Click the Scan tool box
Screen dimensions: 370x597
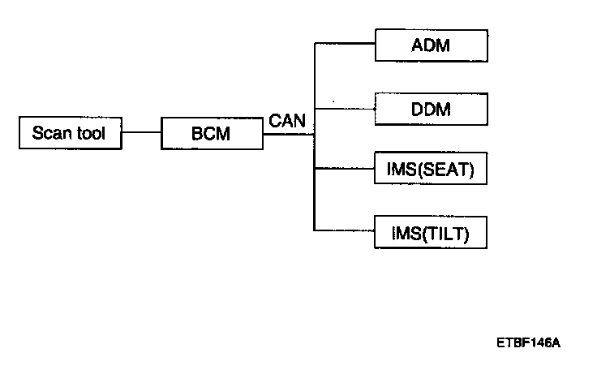[x=69, y=133]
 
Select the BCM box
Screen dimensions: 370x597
[x=211, y=133]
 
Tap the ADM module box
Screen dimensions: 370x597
[x=431, y=45]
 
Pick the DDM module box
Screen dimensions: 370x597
[x=431, y=108]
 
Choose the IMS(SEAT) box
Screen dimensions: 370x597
[x=431, y=170]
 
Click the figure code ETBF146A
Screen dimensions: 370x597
[x=528, y=342]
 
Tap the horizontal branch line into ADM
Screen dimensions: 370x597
[x=344, y=44]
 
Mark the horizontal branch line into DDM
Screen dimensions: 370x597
[x=344, y=106]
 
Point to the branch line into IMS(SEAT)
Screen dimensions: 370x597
[x=344, y=170]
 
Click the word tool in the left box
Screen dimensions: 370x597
[x=90, y=133]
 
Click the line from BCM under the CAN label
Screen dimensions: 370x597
[x=288, y=134]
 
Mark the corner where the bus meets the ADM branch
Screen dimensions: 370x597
[x=314, y=44]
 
